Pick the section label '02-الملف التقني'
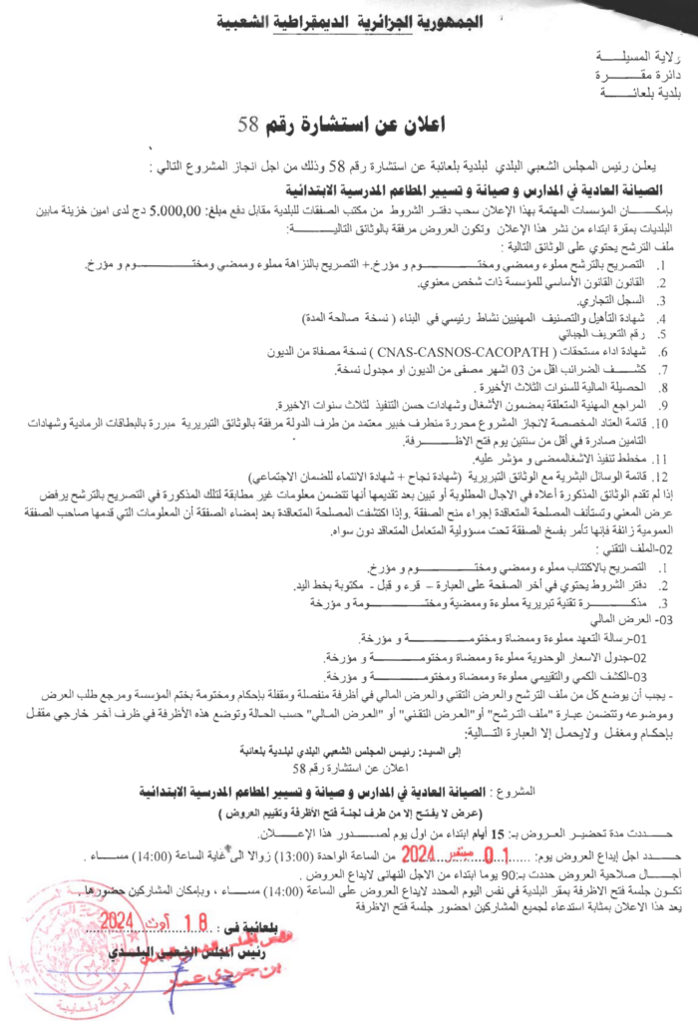point(642,549)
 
